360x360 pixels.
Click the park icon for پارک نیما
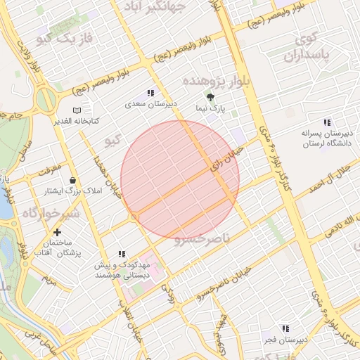tap(210, 97)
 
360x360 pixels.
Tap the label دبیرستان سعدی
tap(151, 103)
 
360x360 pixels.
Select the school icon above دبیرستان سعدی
tap(150, 93)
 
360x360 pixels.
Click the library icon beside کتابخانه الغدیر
tap(77, 110)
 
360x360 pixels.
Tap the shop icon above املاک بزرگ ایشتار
tap(72, 181)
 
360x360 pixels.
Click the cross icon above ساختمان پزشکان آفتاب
tap(57, 232)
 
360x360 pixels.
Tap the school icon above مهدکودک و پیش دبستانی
tap(122, 254)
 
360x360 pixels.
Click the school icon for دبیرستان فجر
tap(285, 328)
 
